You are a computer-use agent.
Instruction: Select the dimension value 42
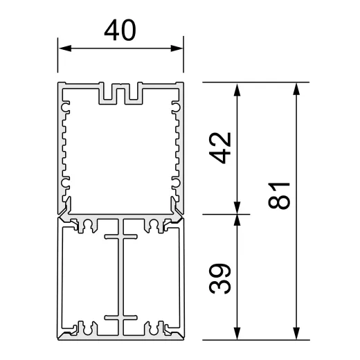[219, 147]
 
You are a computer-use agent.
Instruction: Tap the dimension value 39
[219, 278]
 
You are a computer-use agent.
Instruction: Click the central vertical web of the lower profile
[120, 277]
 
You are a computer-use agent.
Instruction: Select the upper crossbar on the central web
[120, 238]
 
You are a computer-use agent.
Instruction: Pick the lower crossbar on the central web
[120, 318]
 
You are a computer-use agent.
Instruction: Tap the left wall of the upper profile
[59, 145]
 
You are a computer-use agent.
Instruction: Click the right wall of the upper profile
[183, 145]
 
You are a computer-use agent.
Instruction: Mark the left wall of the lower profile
[59, 277]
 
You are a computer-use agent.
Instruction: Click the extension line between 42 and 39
[222, 214]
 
